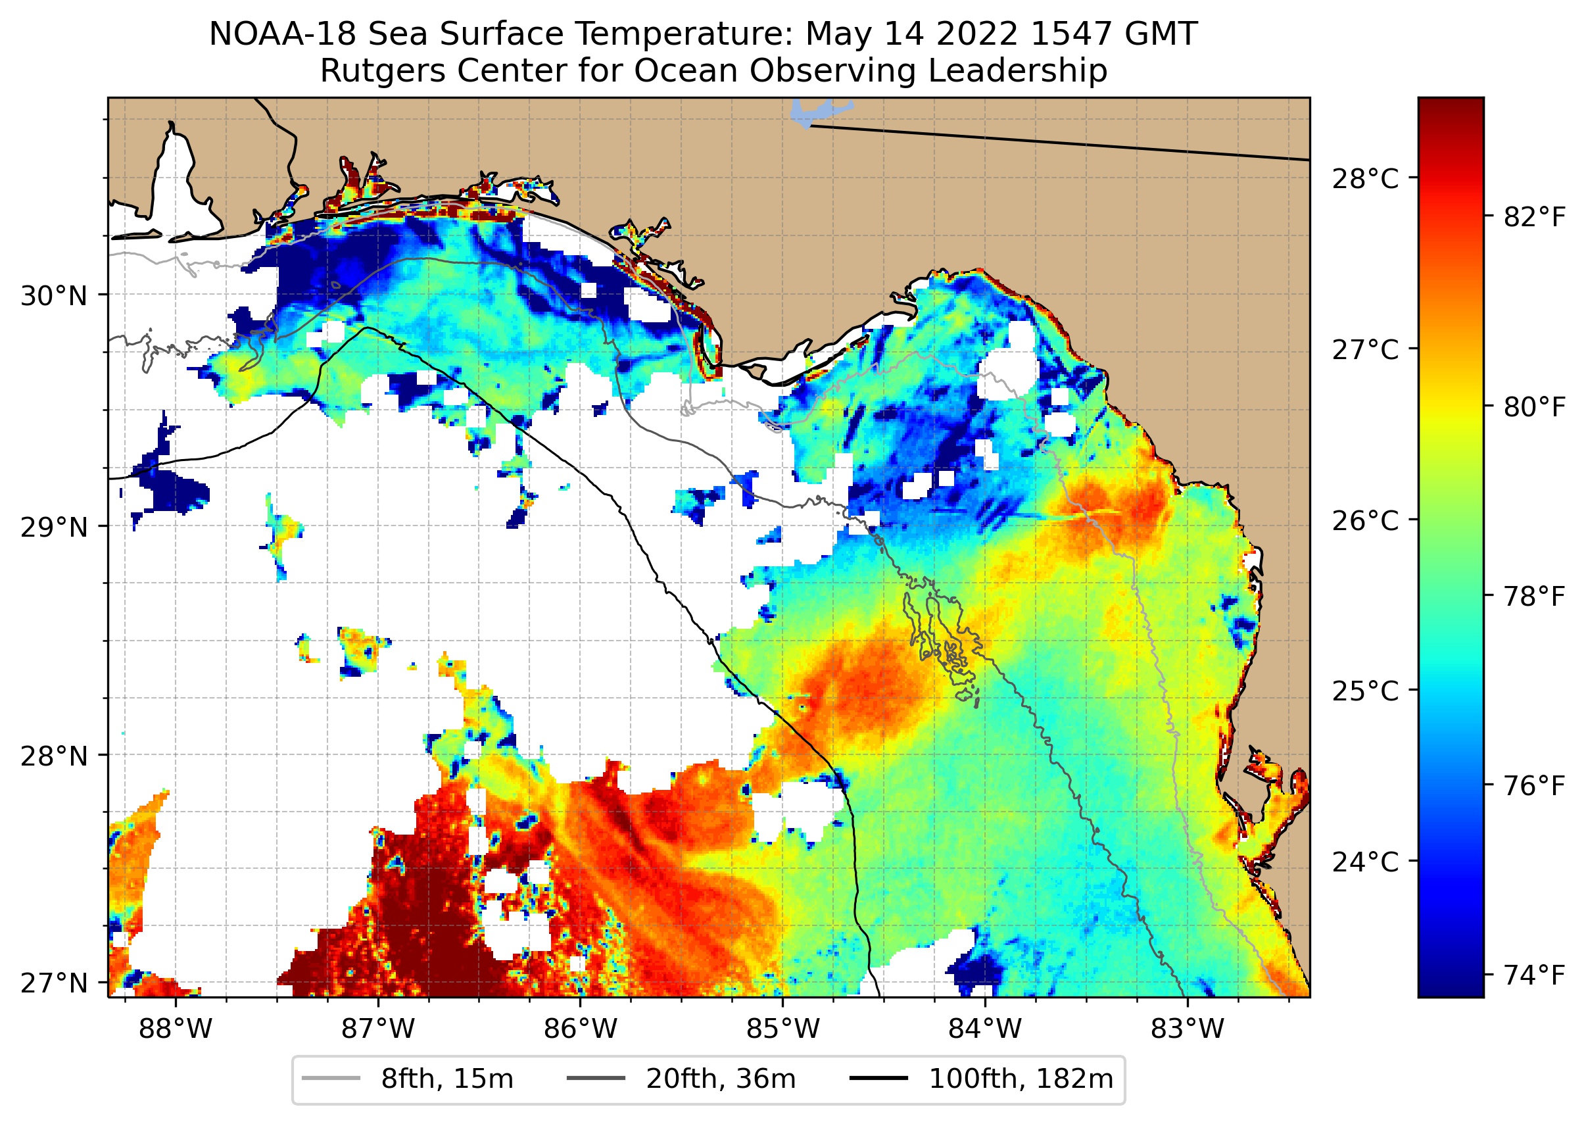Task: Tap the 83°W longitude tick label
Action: pos(1188,1029)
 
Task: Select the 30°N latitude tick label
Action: pos(54,296)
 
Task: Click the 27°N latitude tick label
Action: pos(54,983)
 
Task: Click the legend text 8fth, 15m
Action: pos(447,1079)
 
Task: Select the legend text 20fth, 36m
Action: pos(721,1079)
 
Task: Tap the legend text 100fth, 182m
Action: pos(1021,1079)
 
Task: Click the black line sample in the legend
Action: pos(878,1079)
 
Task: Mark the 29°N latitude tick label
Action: pos(54,527)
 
